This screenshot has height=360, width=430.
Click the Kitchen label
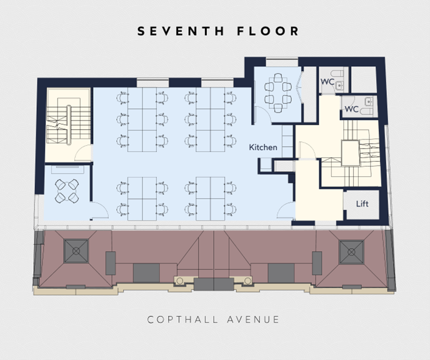click(x=263, y=147)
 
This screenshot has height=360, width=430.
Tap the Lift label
click(x=362, y=204)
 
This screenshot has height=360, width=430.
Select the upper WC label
click(x=327, y=82)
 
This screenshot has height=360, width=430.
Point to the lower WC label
click(x=352, y=109)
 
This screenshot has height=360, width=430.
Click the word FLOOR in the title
click(x=268, y=31)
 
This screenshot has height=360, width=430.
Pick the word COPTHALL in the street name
click(x=182, y=319)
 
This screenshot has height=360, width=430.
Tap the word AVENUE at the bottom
click(x=253, y=319)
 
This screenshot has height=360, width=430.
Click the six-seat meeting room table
click(x=277, y=93)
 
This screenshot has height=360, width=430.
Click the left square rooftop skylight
click(x=76, y=251)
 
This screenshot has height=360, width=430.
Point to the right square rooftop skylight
click(x=351, y=252)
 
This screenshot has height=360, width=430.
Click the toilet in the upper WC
click(x=337, y=74)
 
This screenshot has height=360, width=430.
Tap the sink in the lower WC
click(x=369, y=101)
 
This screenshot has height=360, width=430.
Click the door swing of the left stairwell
click(x=82, y=152)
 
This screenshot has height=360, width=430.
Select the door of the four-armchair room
click(x=99, y=211)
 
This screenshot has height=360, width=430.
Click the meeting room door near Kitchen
click(x=262, y=114)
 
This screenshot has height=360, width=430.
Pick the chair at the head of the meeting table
click(x=277, y=77)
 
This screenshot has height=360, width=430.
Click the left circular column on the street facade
click(x=179, y=281)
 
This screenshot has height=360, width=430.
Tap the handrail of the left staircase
click(x=69, y=125)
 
